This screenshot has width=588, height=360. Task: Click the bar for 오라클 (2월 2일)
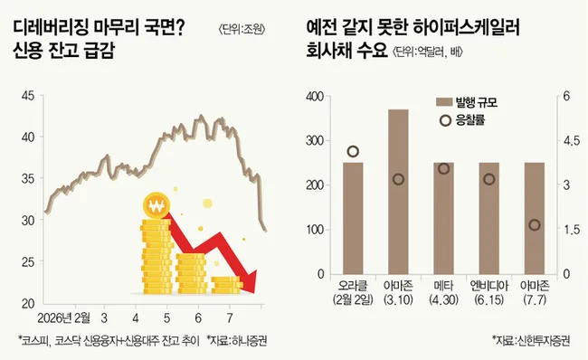pyautogui.click(x=353, y=218)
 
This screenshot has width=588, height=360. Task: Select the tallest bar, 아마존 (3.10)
pyautogui.click(x=398, y=192)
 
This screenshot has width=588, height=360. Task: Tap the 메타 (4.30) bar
pyautogui.click(x=443, y=218)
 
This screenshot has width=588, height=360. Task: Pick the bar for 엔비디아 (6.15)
pyautogui.click(x=489, y=218)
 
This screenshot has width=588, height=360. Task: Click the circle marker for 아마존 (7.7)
pyautogui.click(x=535, y=225)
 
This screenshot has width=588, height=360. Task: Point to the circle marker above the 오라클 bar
pyautogui.click(x=353, y=151)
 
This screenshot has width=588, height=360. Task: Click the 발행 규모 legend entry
pyautogui.click(x=467, y=102)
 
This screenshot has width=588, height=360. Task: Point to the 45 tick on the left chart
pyautogui.click(x=28, y=96)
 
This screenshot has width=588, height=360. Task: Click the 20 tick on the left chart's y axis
pyautogui.click(x=28, y=303)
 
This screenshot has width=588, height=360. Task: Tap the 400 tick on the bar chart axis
pyautogui.click(x=315, y=97)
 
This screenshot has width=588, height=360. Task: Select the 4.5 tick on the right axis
pyautogui.click(x=572, y=141)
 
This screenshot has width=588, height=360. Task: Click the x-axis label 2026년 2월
pyautogui.click(x=63, y=318)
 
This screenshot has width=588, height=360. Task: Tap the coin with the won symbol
pyautogui.click(x=156, y=206)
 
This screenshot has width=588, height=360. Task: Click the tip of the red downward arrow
pyautogui.click(x=255, y=293)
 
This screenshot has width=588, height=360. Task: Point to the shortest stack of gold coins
pyautogui.click(x=226, y=285)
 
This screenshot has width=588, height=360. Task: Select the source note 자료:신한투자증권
pyautogui.click(x=531, y=340)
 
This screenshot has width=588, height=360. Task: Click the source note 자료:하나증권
pyautogui.click(x=237, y=340)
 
